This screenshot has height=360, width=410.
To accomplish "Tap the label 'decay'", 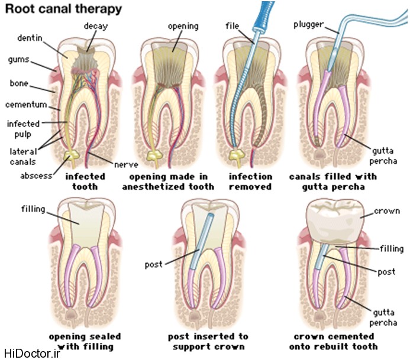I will click(96, 25).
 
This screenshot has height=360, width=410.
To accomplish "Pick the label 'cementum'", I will click(27, 105).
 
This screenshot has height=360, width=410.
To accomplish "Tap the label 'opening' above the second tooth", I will click(183, 26).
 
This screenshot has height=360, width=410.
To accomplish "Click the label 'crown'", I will click(388, 211).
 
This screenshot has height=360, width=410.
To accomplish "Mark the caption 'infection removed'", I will click(251, 181).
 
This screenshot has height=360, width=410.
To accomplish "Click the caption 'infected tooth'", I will click(85, 181).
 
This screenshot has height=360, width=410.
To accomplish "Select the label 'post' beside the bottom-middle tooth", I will click(153, 264).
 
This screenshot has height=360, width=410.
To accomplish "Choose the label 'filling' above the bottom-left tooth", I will click(33, 208).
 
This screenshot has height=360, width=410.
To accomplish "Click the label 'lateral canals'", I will click(23, 155).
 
